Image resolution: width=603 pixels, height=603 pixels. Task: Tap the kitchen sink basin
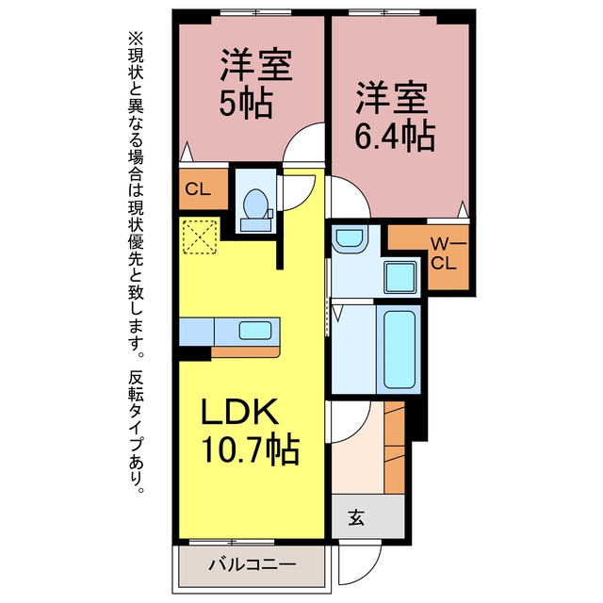tap(255, 331)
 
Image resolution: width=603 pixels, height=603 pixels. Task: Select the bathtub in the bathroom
tap(399, 350)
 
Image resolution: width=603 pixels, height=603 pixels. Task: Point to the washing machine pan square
tap(400, 277)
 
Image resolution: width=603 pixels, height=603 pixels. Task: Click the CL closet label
tap(198, 189)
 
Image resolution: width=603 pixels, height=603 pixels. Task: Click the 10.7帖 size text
tap(250, 450)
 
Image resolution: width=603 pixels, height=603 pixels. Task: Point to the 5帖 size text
tap(246, 103)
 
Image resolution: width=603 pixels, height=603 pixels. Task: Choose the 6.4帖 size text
tap(395, 137)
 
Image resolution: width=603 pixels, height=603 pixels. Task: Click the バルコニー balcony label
tap(253, 564)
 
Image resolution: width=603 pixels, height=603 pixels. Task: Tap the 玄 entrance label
tap(356, 517)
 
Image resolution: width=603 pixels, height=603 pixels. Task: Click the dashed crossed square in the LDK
tap(200, 236)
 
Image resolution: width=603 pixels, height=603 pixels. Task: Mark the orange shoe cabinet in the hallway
tap(395, 448)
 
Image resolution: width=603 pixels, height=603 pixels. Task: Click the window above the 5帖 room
tap(255, 12)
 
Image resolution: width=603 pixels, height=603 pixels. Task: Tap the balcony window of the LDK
tap(232, 543)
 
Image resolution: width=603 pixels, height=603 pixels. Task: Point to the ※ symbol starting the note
tap(136, 40)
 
